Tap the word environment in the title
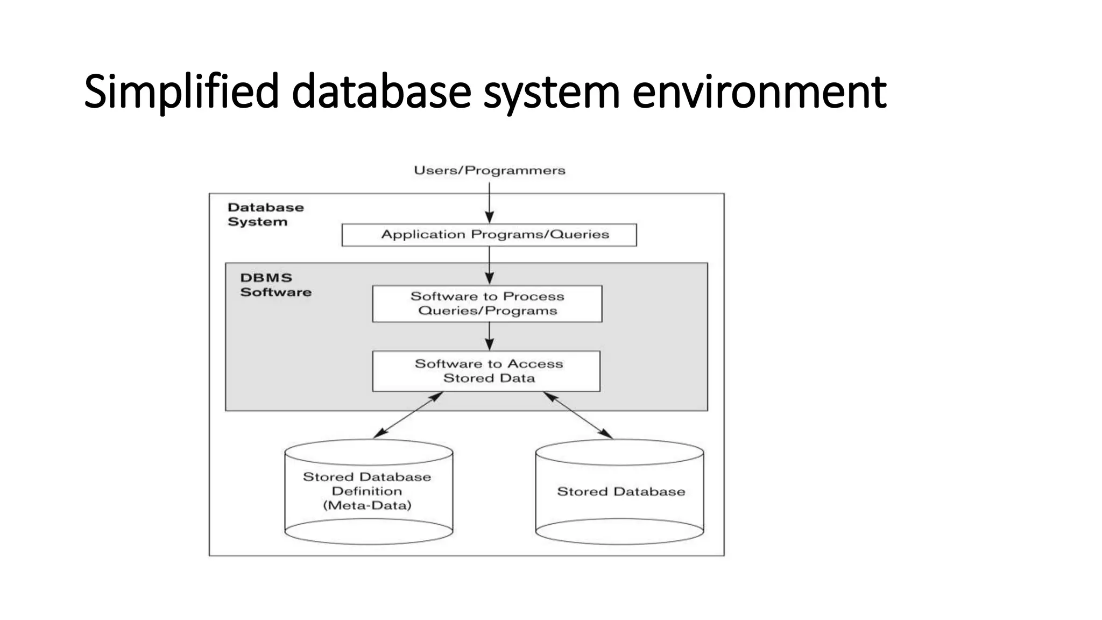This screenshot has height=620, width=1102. click(759, 92)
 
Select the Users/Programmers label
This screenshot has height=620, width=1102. click(489, 171)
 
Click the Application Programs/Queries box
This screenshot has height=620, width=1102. click(489, 235)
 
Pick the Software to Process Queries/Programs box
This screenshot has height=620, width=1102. click(487, 304)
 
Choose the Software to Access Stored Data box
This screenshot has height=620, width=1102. click(486, 371)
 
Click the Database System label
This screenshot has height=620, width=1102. click(265, 214)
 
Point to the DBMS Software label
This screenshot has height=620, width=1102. click(275, 285)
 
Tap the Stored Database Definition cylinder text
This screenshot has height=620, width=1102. click(367, 484)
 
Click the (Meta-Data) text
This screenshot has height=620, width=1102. click(367, 505)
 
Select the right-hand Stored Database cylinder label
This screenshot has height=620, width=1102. click(621, 491)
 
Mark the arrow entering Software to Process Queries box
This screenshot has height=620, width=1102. click(489, 265)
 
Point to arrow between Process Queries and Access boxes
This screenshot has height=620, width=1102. click(489, 336)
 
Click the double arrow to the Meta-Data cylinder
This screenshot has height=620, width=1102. click(408, 415)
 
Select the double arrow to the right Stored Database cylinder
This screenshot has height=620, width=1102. click(578, 415)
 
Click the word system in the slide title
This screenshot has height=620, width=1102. click(552, 92)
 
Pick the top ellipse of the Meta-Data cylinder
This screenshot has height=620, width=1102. click(369, 452)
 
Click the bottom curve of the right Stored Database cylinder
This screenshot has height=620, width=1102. click(619, 542)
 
